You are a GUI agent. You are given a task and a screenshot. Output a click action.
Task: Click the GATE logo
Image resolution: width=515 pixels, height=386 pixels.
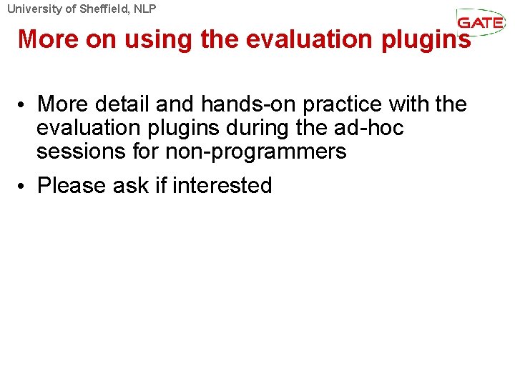point(480,21)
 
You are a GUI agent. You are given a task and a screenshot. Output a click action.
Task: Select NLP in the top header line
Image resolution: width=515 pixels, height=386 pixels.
point(143,9)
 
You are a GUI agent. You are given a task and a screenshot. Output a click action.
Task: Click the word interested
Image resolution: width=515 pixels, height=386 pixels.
point(222,186)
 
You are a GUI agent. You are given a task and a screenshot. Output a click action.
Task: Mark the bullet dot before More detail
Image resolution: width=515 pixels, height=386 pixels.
point(24,106)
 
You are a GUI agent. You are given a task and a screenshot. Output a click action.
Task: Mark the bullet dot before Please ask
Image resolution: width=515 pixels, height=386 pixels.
point(24,187)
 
